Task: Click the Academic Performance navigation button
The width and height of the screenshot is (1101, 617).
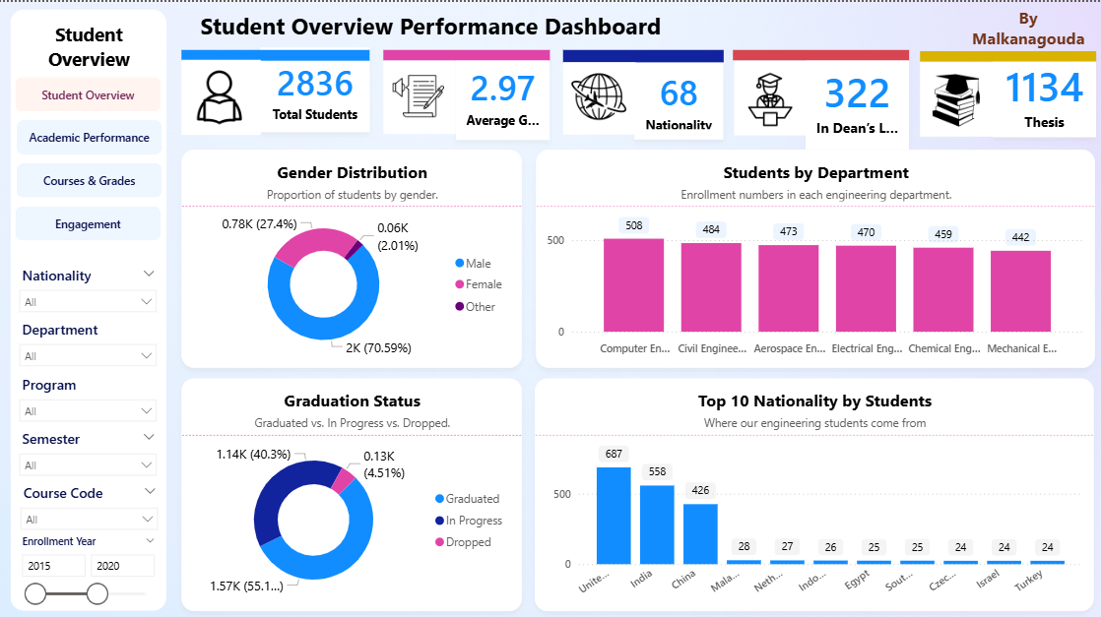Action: pyautogui.click(x=89, y=138)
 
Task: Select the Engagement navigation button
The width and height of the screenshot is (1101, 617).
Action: pyautogui.click(x=89, y=224)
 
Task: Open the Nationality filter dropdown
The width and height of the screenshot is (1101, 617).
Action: pyautogui.click(x=89, y=301)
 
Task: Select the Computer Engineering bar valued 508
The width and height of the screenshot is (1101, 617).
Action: pyautogui.click(x=633, y=285)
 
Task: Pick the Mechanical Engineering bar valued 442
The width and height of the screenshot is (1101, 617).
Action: pyautogui.click(x=1020, y=291)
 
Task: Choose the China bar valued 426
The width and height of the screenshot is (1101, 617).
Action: pyautogui.click(x=700, y=533)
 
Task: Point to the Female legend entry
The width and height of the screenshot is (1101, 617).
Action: pyautogui.click(x=483, y=284)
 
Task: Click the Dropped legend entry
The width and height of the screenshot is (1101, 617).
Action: pyautogui.click(x=467, y=542)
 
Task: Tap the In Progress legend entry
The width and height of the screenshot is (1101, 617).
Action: pyautogui.click(x=473, y=521)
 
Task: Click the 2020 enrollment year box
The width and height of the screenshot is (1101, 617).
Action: pyautogui.click(x=122, y=566)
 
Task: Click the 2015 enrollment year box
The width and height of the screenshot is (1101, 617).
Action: pyautogui.click(x=54, y=566)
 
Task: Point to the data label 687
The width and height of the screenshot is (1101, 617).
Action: pyautogui.click(x=614, y=454)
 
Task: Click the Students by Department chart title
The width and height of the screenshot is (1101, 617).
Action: pyautogui.click(x=815, y=173)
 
